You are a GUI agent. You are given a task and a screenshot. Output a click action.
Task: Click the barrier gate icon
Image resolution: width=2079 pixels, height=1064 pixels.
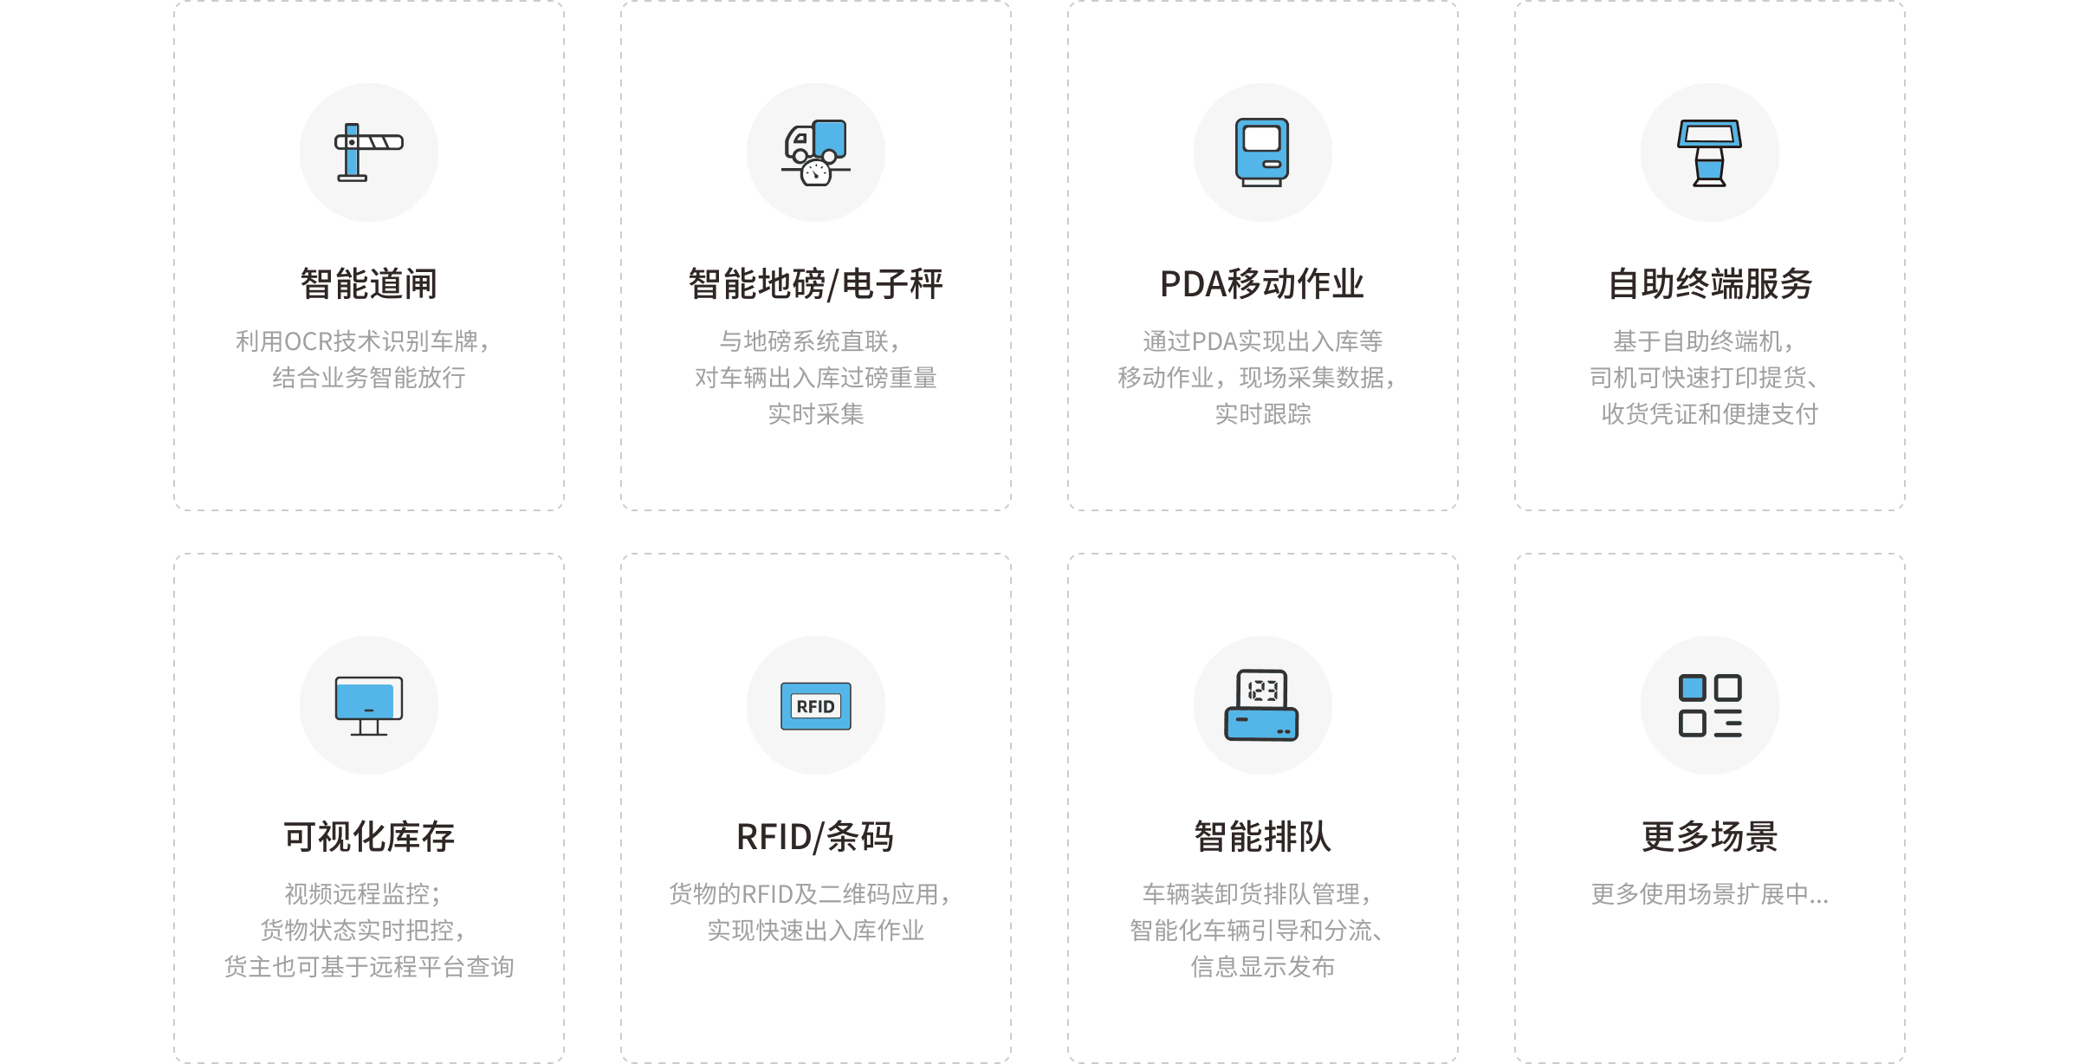pos(369,152)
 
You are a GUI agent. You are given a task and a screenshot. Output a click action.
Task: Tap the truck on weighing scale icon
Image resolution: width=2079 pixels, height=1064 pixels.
pos(815,152)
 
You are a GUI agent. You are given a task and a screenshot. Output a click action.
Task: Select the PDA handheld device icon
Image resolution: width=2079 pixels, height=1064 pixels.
pos(1262,152)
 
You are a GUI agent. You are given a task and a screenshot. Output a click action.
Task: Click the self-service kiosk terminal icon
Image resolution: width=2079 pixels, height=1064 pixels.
pos(1709,152)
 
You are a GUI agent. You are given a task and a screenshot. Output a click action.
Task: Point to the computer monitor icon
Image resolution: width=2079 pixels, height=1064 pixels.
pos(369,705)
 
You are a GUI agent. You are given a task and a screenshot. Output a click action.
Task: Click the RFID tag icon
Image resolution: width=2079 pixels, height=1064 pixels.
pos(815,705)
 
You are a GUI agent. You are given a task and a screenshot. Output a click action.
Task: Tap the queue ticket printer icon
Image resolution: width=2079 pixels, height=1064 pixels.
pos(1262,705)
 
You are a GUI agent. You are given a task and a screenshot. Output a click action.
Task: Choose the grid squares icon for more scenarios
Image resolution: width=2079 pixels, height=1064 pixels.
pos(1709,705)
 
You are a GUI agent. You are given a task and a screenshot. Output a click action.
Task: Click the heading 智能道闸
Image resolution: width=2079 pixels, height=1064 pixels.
pos(369,284)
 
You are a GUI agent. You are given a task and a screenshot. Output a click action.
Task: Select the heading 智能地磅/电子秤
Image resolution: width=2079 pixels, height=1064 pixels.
pos(815,284)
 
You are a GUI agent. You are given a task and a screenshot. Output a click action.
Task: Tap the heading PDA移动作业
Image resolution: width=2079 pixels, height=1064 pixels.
pos(1262,284)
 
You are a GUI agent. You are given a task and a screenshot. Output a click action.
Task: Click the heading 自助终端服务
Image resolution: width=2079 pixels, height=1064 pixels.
pos(1709,284)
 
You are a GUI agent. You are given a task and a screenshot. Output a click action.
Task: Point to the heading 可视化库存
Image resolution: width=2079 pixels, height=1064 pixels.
pos(369,837)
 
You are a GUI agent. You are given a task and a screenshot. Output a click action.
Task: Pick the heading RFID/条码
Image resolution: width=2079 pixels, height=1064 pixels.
pos(815,837)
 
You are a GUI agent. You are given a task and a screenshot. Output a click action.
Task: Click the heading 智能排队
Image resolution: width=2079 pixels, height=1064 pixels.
pos(1262,837)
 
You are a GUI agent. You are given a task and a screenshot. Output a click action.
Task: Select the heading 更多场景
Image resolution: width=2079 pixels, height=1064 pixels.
pos(1709,837)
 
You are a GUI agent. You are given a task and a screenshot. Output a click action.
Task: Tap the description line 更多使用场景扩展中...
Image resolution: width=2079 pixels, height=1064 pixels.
pos(1709,894)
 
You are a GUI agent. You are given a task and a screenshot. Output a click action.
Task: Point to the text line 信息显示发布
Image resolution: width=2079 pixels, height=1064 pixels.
pos(1262,967)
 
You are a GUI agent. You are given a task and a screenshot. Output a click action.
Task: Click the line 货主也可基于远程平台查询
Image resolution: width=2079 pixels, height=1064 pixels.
pos(369,967)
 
